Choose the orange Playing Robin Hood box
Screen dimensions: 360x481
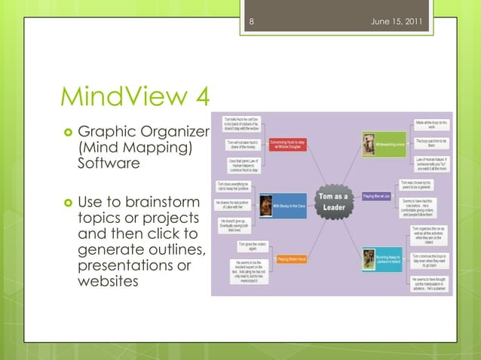coord(293,259)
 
